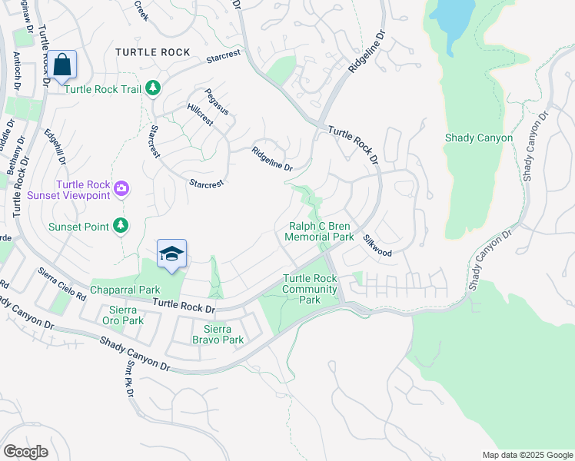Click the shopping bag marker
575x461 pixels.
[62, 65]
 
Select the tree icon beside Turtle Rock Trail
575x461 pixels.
[153, 88]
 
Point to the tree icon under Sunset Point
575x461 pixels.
[121, 225]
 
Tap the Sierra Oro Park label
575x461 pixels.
[122, 315]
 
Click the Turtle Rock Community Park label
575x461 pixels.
[310, 289]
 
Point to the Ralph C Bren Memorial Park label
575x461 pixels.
[320, 232]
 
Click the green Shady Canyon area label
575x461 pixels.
[478, 138]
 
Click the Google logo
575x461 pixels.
[26, 451]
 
